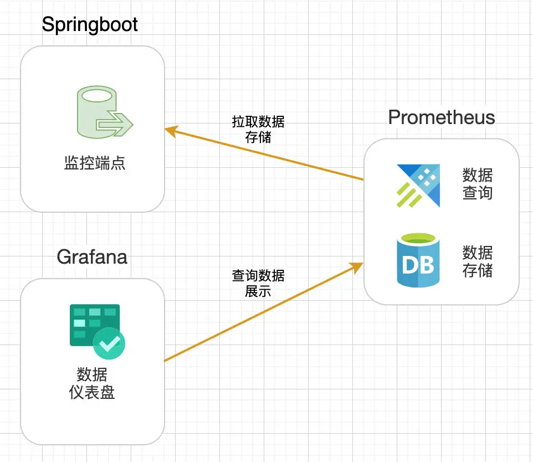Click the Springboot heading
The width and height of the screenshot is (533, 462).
click(90, 25)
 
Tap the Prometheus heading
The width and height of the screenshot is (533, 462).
click(442, 117)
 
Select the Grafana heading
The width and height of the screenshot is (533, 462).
click(92, 257)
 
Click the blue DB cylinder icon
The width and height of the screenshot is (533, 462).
click(418, 260)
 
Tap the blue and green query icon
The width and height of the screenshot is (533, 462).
click(418, 186)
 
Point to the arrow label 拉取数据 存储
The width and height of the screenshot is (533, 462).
click(258, 129)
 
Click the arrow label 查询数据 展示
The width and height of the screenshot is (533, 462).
click(258, 283)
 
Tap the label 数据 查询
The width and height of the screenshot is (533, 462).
click(477, 184)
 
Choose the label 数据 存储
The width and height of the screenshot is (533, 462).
click(477, 261)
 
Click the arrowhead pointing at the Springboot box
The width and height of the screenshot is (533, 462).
click(171, 131)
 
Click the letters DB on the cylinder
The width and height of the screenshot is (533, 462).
click(418, 265)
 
